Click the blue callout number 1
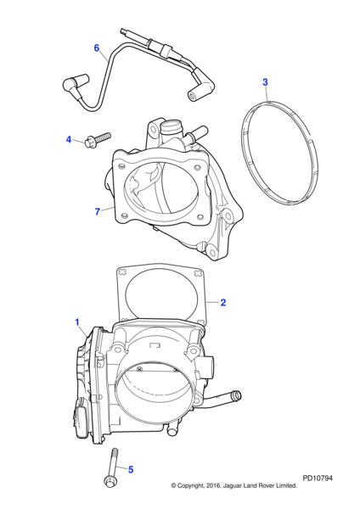pos(77,322)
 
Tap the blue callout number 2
pos(223,303)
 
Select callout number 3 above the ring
pos(265,82)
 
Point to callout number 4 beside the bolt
pos(69,140)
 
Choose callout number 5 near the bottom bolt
pos(131,470)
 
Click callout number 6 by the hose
pos(97,48)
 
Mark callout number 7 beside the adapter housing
pos(97,211)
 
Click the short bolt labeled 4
pos(97,139)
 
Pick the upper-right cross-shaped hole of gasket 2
pos(197,273)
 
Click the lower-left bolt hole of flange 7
pos(123,215)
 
